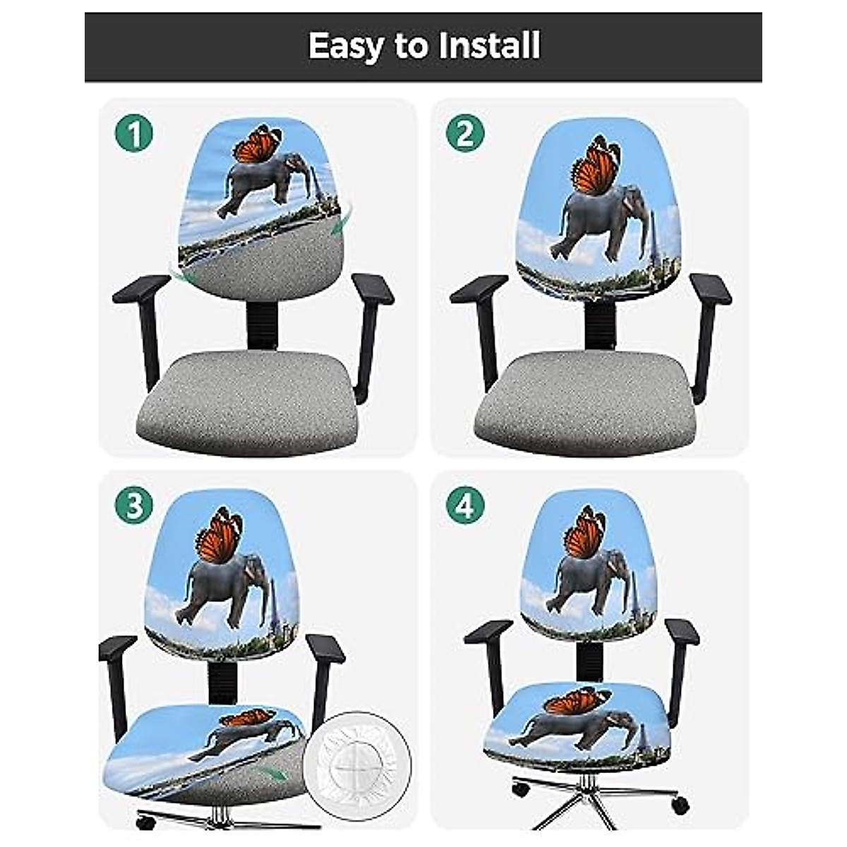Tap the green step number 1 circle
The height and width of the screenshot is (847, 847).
tap(134, 133)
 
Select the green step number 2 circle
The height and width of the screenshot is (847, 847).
tap(465, 133)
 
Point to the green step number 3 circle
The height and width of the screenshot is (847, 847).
tap(134, 505)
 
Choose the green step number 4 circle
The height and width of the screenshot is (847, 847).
tap(465, 505)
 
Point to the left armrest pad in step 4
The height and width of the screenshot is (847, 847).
tap(488, 630)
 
